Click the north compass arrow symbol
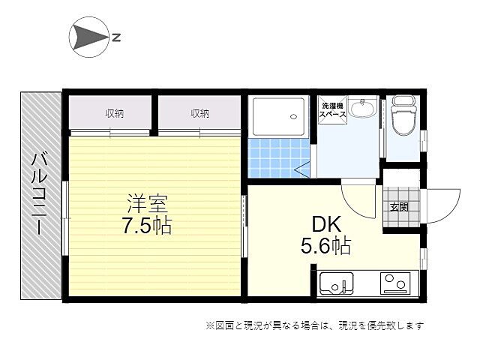tap(88, 37)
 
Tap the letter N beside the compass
tap(116, 37)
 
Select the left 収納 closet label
tap(115, 114)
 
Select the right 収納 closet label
tap(200, 114)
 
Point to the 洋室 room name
tap(148, 203)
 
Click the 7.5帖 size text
tap(147, 225)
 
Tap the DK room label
tap(326, 224)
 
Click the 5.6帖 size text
tap(326, 245)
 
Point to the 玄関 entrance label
tap(399, 207)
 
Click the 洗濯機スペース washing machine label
tap(332, 110)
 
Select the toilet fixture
tap(403, 115)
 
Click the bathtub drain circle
tap(293, 117)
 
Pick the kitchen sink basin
tap(337, 283)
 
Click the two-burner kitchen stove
tap(395, 283)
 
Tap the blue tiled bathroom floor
tap(279, 158)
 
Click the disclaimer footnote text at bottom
tap(315, 325)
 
